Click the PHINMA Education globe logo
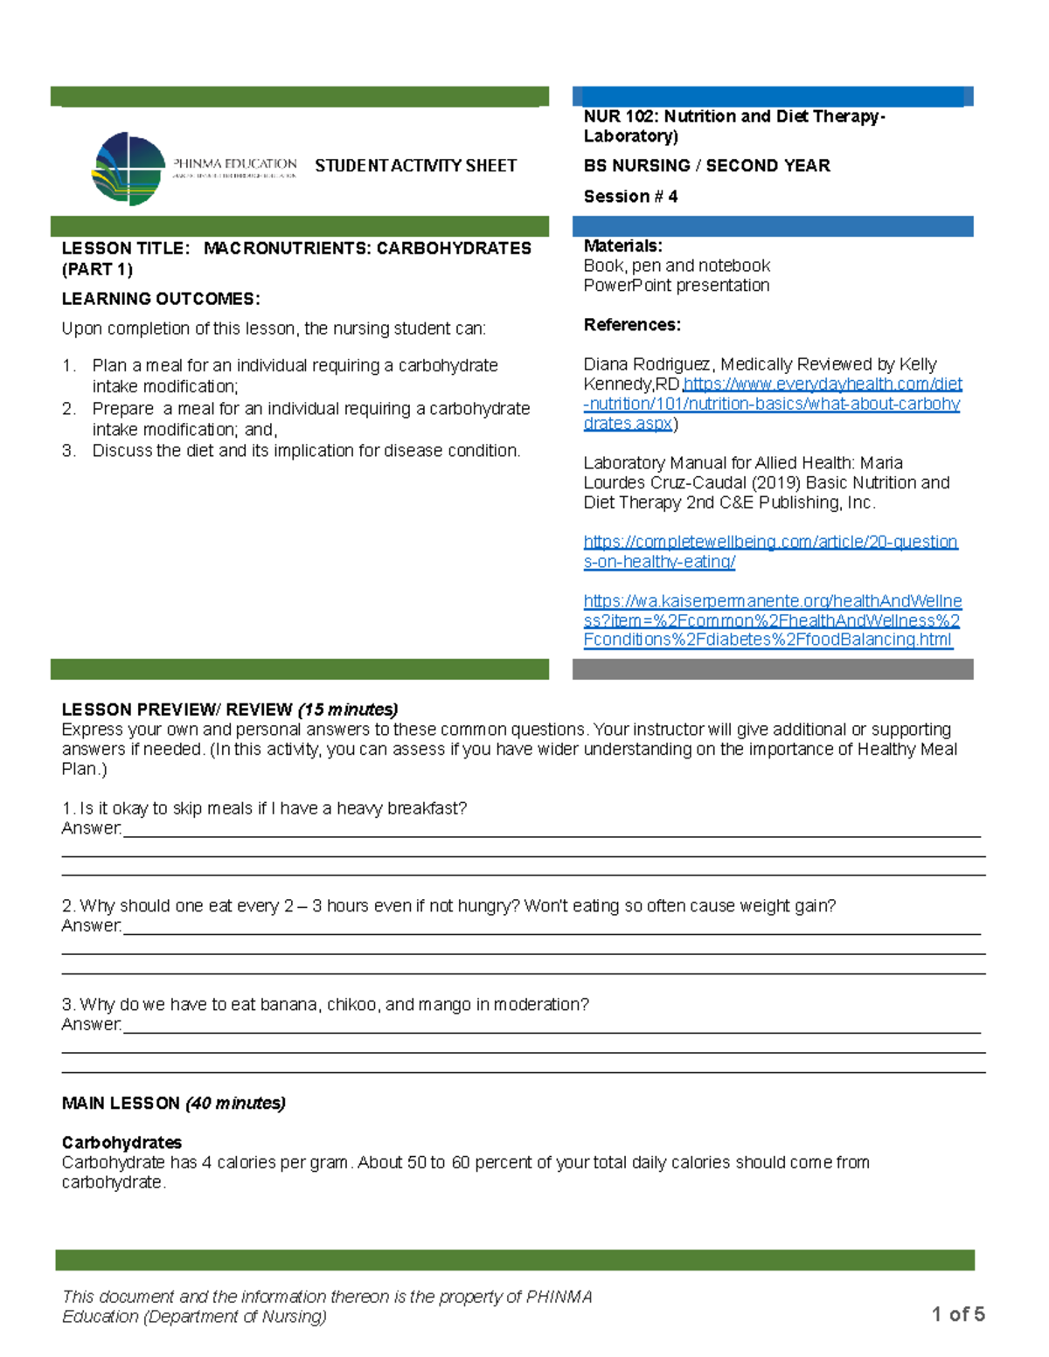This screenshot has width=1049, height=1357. (129, 170)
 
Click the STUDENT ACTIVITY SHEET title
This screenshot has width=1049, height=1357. (415, 166)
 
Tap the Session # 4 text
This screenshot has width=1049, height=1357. (630, 197)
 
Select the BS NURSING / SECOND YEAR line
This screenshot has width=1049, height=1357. (706, 166)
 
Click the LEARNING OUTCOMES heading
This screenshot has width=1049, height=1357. (161, 299)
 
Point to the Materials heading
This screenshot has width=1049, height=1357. (622, 246)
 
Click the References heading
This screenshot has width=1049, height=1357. (632, 325)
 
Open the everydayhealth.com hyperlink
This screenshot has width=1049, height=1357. (772, 404)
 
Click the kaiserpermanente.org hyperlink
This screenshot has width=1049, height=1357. (772, 620)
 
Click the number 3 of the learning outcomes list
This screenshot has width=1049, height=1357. (68, 451)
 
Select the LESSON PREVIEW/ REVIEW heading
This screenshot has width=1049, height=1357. (177, 710)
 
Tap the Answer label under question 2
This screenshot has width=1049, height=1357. (91, 926)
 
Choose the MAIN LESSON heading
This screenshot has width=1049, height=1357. (121, 1104)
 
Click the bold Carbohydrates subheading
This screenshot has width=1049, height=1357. (122, 1143)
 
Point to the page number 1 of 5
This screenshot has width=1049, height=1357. (958, 1314)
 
